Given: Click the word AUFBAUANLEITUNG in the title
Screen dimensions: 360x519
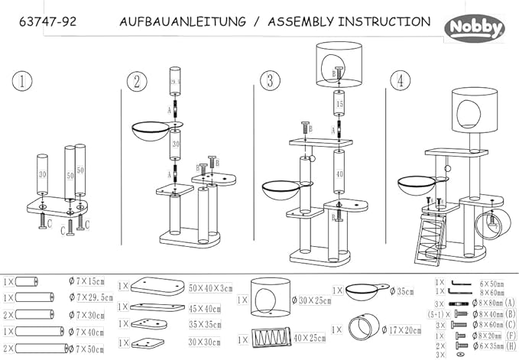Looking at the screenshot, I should [183, 22].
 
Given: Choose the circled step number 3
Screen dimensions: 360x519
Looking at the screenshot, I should [269, 80].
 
